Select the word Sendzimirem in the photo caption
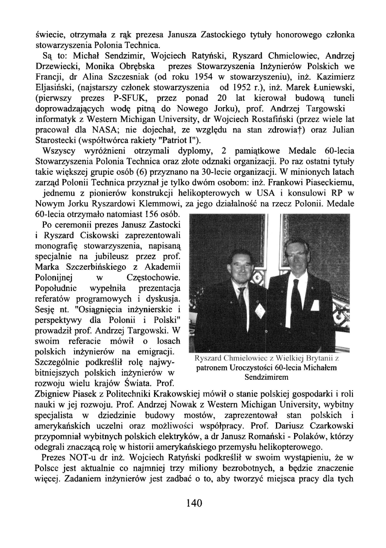click(267, 377)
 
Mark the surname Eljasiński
click(56, 88)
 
